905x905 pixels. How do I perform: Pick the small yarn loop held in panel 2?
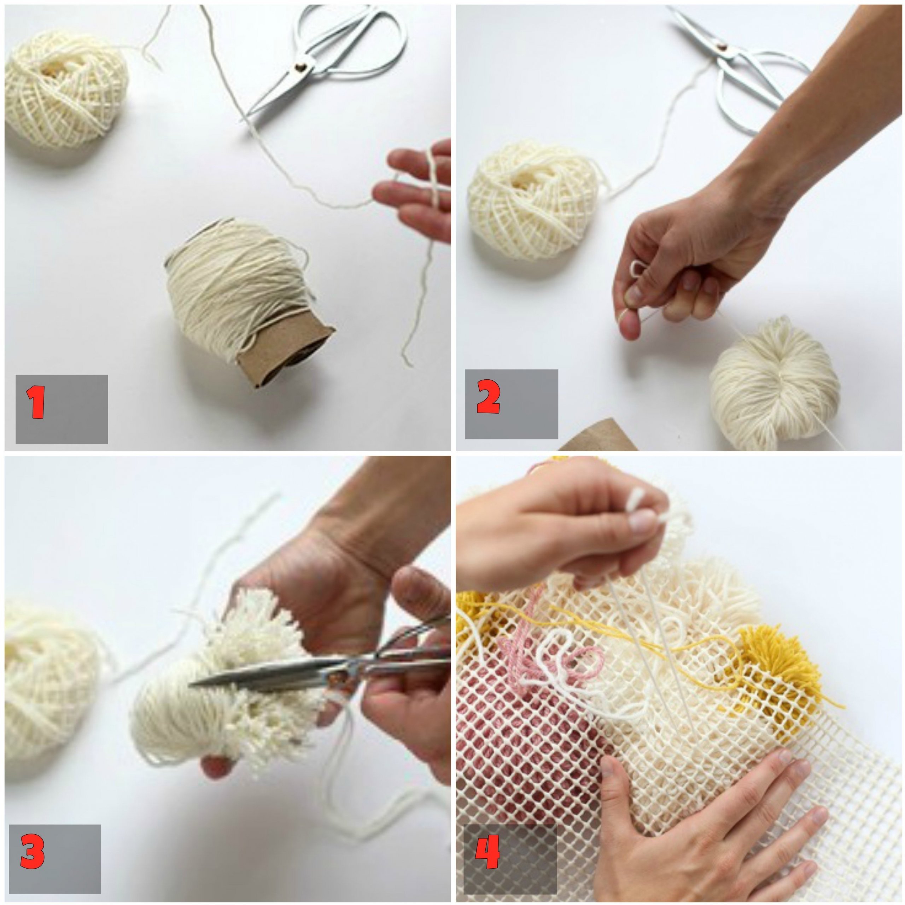[x=638, y=270]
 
